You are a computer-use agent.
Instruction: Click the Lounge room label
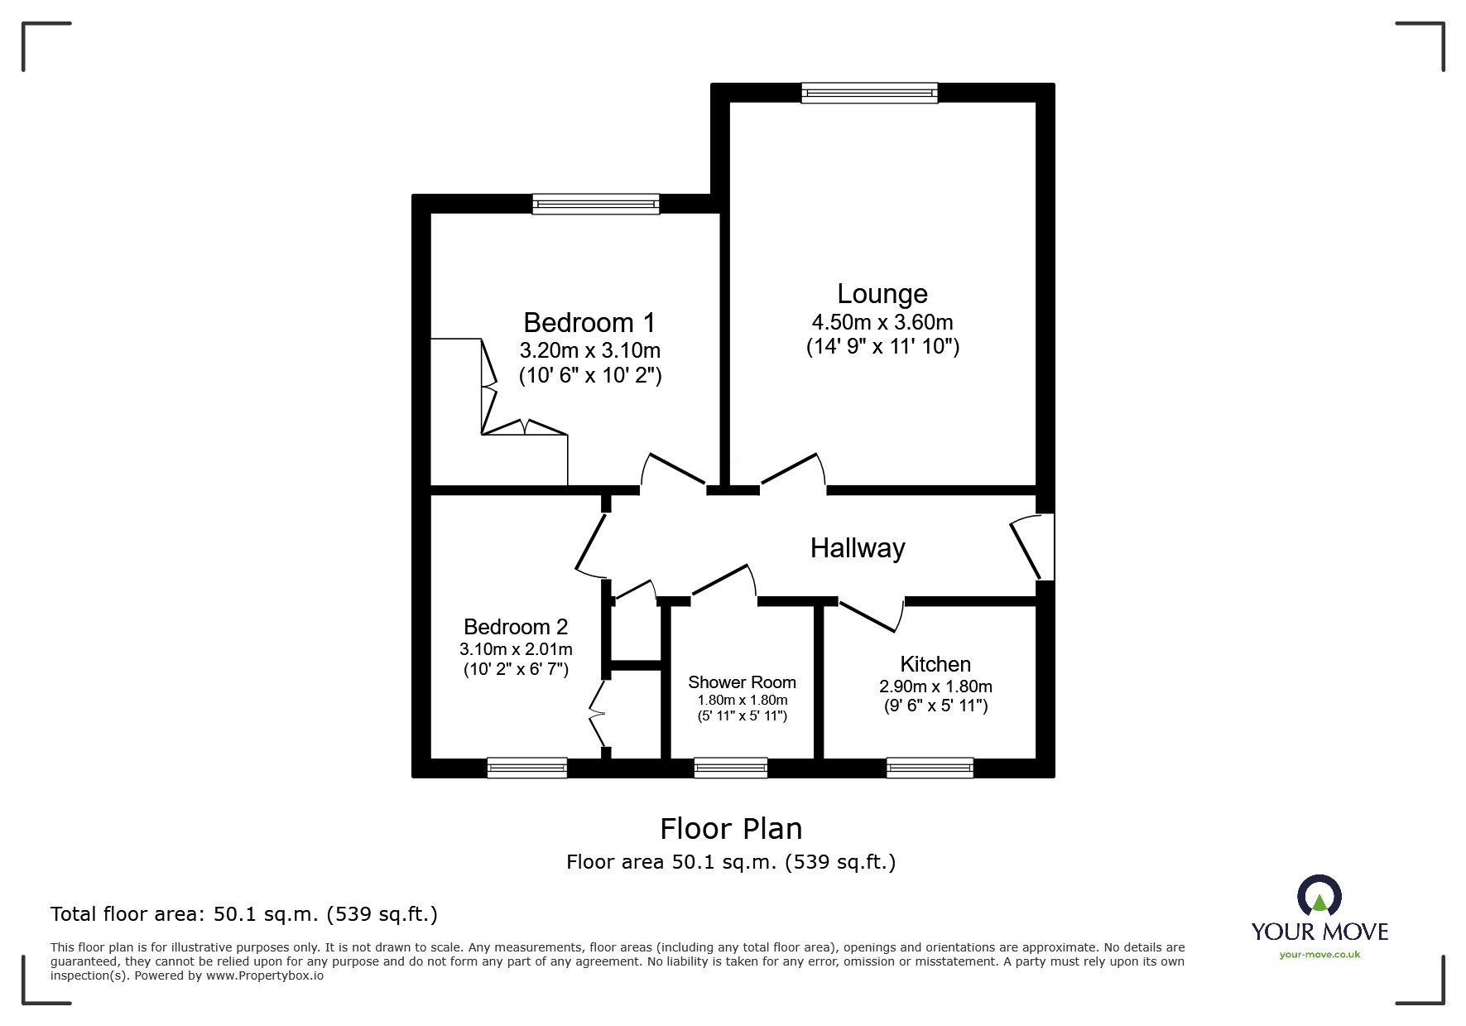[882, 294]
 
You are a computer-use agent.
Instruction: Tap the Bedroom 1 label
[589, 322]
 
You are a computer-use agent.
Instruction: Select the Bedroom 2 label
[516, 627]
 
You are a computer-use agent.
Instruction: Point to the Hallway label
[858, 548]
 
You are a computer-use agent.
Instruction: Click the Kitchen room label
[935, 664]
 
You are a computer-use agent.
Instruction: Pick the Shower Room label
[742, 682]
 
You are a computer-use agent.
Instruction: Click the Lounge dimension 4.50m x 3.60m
[882, 322]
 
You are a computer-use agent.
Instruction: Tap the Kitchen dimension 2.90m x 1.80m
[935, 686]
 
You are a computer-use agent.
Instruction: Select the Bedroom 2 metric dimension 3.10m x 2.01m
[516, 649]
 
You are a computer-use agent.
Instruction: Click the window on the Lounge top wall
[869, 93]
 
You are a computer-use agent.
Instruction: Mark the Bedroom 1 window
[596, 204]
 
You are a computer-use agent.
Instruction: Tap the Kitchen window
[930, 768]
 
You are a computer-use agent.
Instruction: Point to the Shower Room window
[731, 768]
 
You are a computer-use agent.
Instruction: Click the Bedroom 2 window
[527, 768]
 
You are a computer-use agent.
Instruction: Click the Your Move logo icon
[1319, 895]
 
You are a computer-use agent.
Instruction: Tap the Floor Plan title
[731, 829]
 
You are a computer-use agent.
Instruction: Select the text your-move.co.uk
[1319, 955]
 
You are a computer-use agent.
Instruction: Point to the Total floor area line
[244, 914]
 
